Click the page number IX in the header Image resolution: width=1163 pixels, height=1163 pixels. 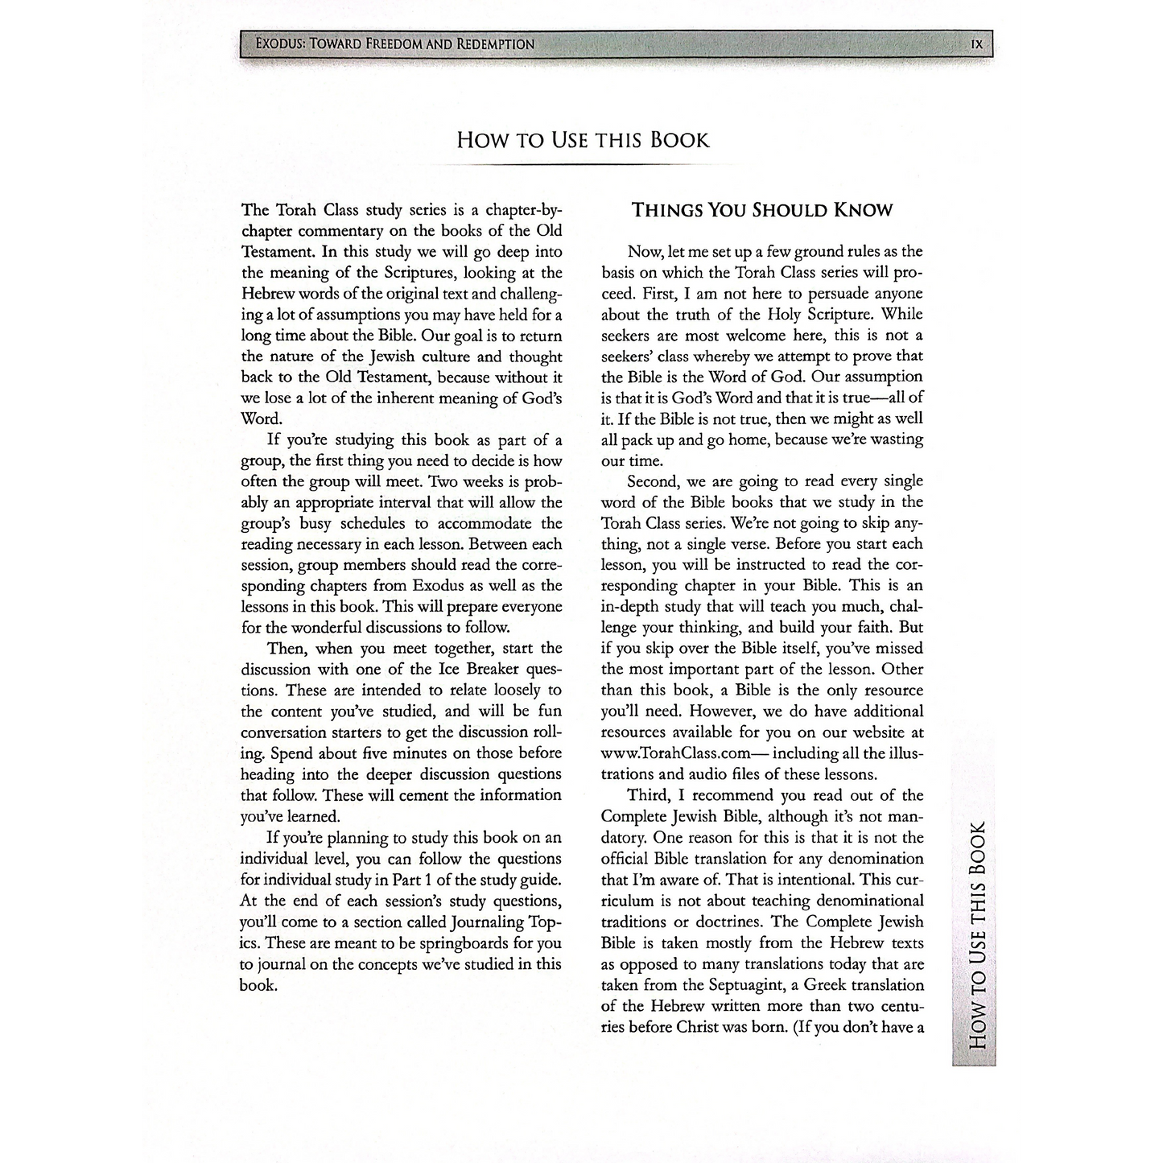click(x=976, y=44)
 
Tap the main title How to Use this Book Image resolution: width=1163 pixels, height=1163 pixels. click(x=583, y=140)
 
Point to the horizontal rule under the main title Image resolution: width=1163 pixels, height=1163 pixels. click(x=583, y=164)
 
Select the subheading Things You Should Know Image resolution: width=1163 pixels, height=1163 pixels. click(x=762, y=211)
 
